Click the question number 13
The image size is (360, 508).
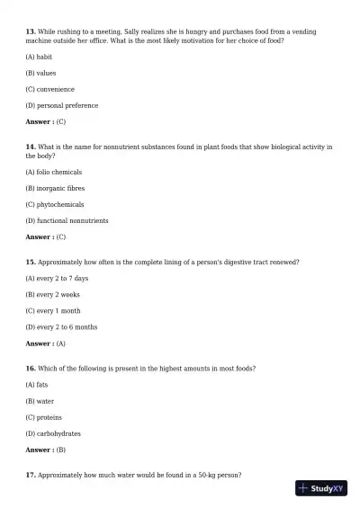click(x=30, y=31)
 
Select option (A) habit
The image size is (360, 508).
click(x=39, y=57)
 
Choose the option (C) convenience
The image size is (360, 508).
click(x=49, y=89)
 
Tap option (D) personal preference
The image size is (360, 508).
click(x=61, y=105)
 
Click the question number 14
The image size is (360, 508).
click(x=30, y=147)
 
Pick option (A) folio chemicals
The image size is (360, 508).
click(x=53, y=172)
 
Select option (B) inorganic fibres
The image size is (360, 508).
click(x=55, y=188)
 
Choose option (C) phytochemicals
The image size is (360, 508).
click(x=55, y=204)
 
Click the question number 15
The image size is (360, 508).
click(x=30, y=262)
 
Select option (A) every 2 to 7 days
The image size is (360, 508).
click(x=57, y=279)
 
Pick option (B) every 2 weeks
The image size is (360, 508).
click(x=52, y=295)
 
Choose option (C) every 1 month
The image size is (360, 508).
click(x=52, y=311)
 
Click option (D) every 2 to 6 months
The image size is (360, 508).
click(x=61, y=327)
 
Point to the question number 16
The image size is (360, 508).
click(x=30, y=369)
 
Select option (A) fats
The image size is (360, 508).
click(x=37, y=385)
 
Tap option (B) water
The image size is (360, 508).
click(x=40, y=401)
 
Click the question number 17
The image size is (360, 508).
click(x=30, y=475)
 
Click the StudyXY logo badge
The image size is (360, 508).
click(x=321, y=488)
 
